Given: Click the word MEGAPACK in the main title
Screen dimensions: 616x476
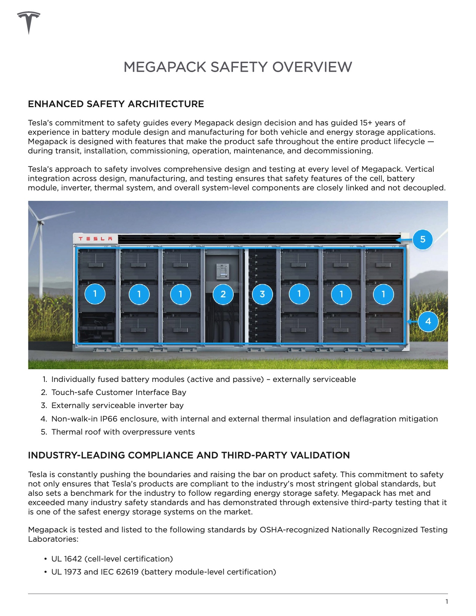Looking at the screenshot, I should [165, 67].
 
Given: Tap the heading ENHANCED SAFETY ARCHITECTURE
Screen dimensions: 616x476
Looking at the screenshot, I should [116, 104].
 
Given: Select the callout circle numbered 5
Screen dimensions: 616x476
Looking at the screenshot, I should [423, 239].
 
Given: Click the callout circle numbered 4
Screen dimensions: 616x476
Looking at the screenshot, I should [428, 321].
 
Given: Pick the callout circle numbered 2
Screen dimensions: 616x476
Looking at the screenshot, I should [223, 294].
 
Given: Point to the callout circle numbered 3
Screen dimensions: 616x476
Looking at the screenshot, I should [262, 294].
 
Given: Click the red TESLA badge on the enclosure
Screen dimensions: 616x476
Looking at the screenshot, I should [96, 239].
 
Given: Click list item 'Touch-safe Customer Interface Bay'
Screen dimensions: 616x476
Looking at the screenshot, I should [119, 392].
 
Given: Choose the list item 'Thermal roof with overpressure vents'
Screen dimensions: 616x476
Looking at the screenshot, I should [123, 432].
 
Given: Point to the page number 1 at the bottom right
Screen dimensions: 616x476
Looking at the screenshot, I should [447, 601].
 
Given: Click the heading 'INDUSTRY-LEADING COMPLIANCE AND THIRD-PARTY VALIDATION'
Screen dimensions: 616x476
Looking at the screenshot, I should [189, 455].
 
